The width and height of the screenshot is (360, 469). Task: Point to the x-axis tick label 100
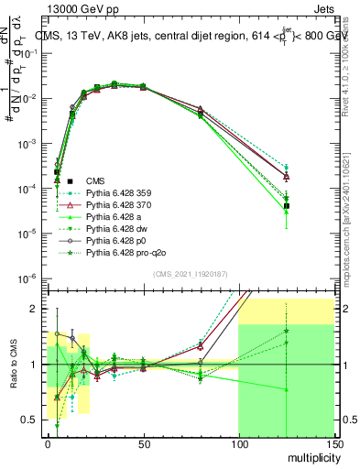238,444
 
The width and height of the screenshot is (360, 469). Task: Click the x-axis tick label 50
143,444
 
